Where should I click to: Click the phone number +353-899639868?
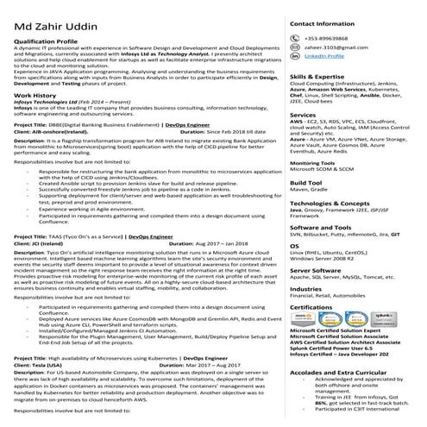[x=329, y=40]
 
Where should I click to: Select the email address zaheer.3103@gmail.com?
[x=332, y=47]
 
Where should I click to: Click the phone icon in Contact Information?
[x=296, y=40]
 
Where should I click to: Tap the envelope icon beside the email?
[x=296, y=47]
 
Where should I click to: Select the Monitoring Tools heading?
[x=312, y=161]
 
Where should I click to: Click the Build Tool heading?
[x=306, y=184]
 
